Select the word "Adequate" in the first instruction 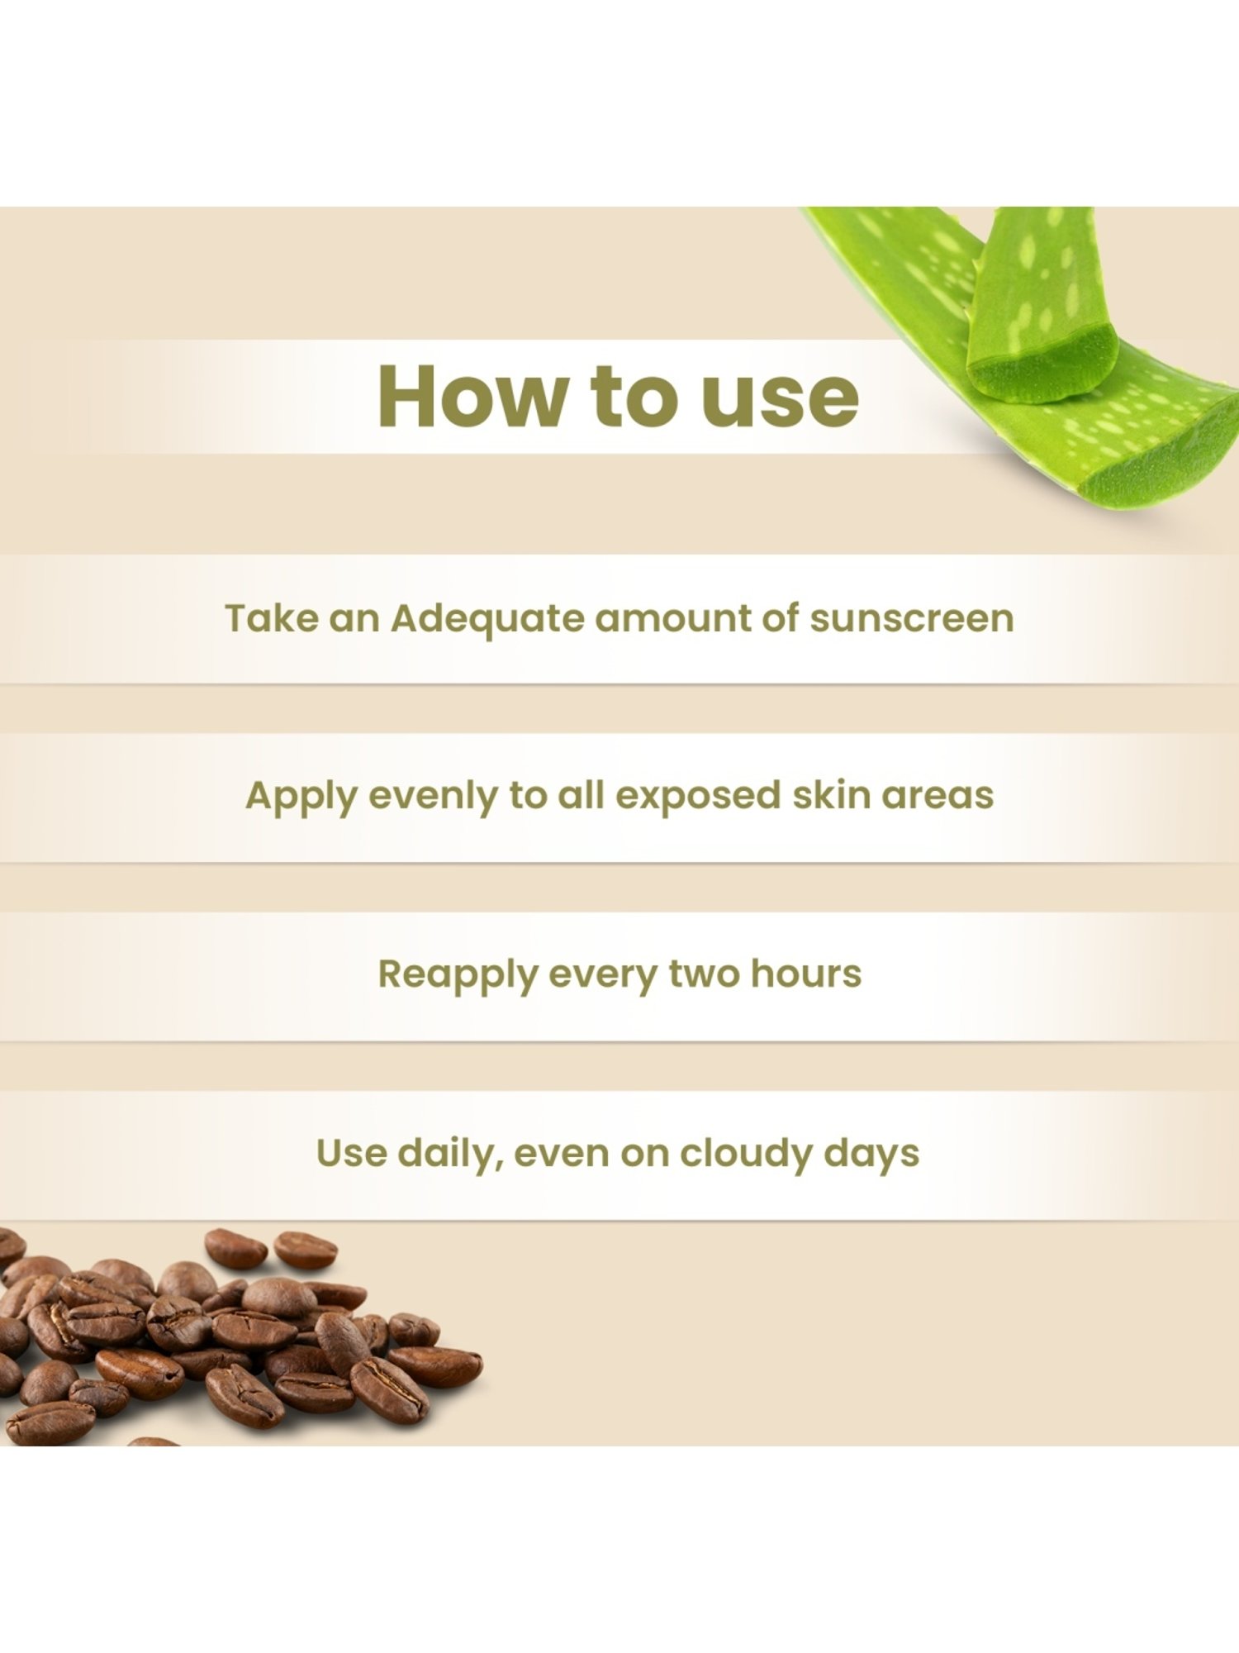487,619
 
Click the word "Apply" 301,797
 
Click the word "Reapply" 458,975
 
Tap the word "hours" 805,973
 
